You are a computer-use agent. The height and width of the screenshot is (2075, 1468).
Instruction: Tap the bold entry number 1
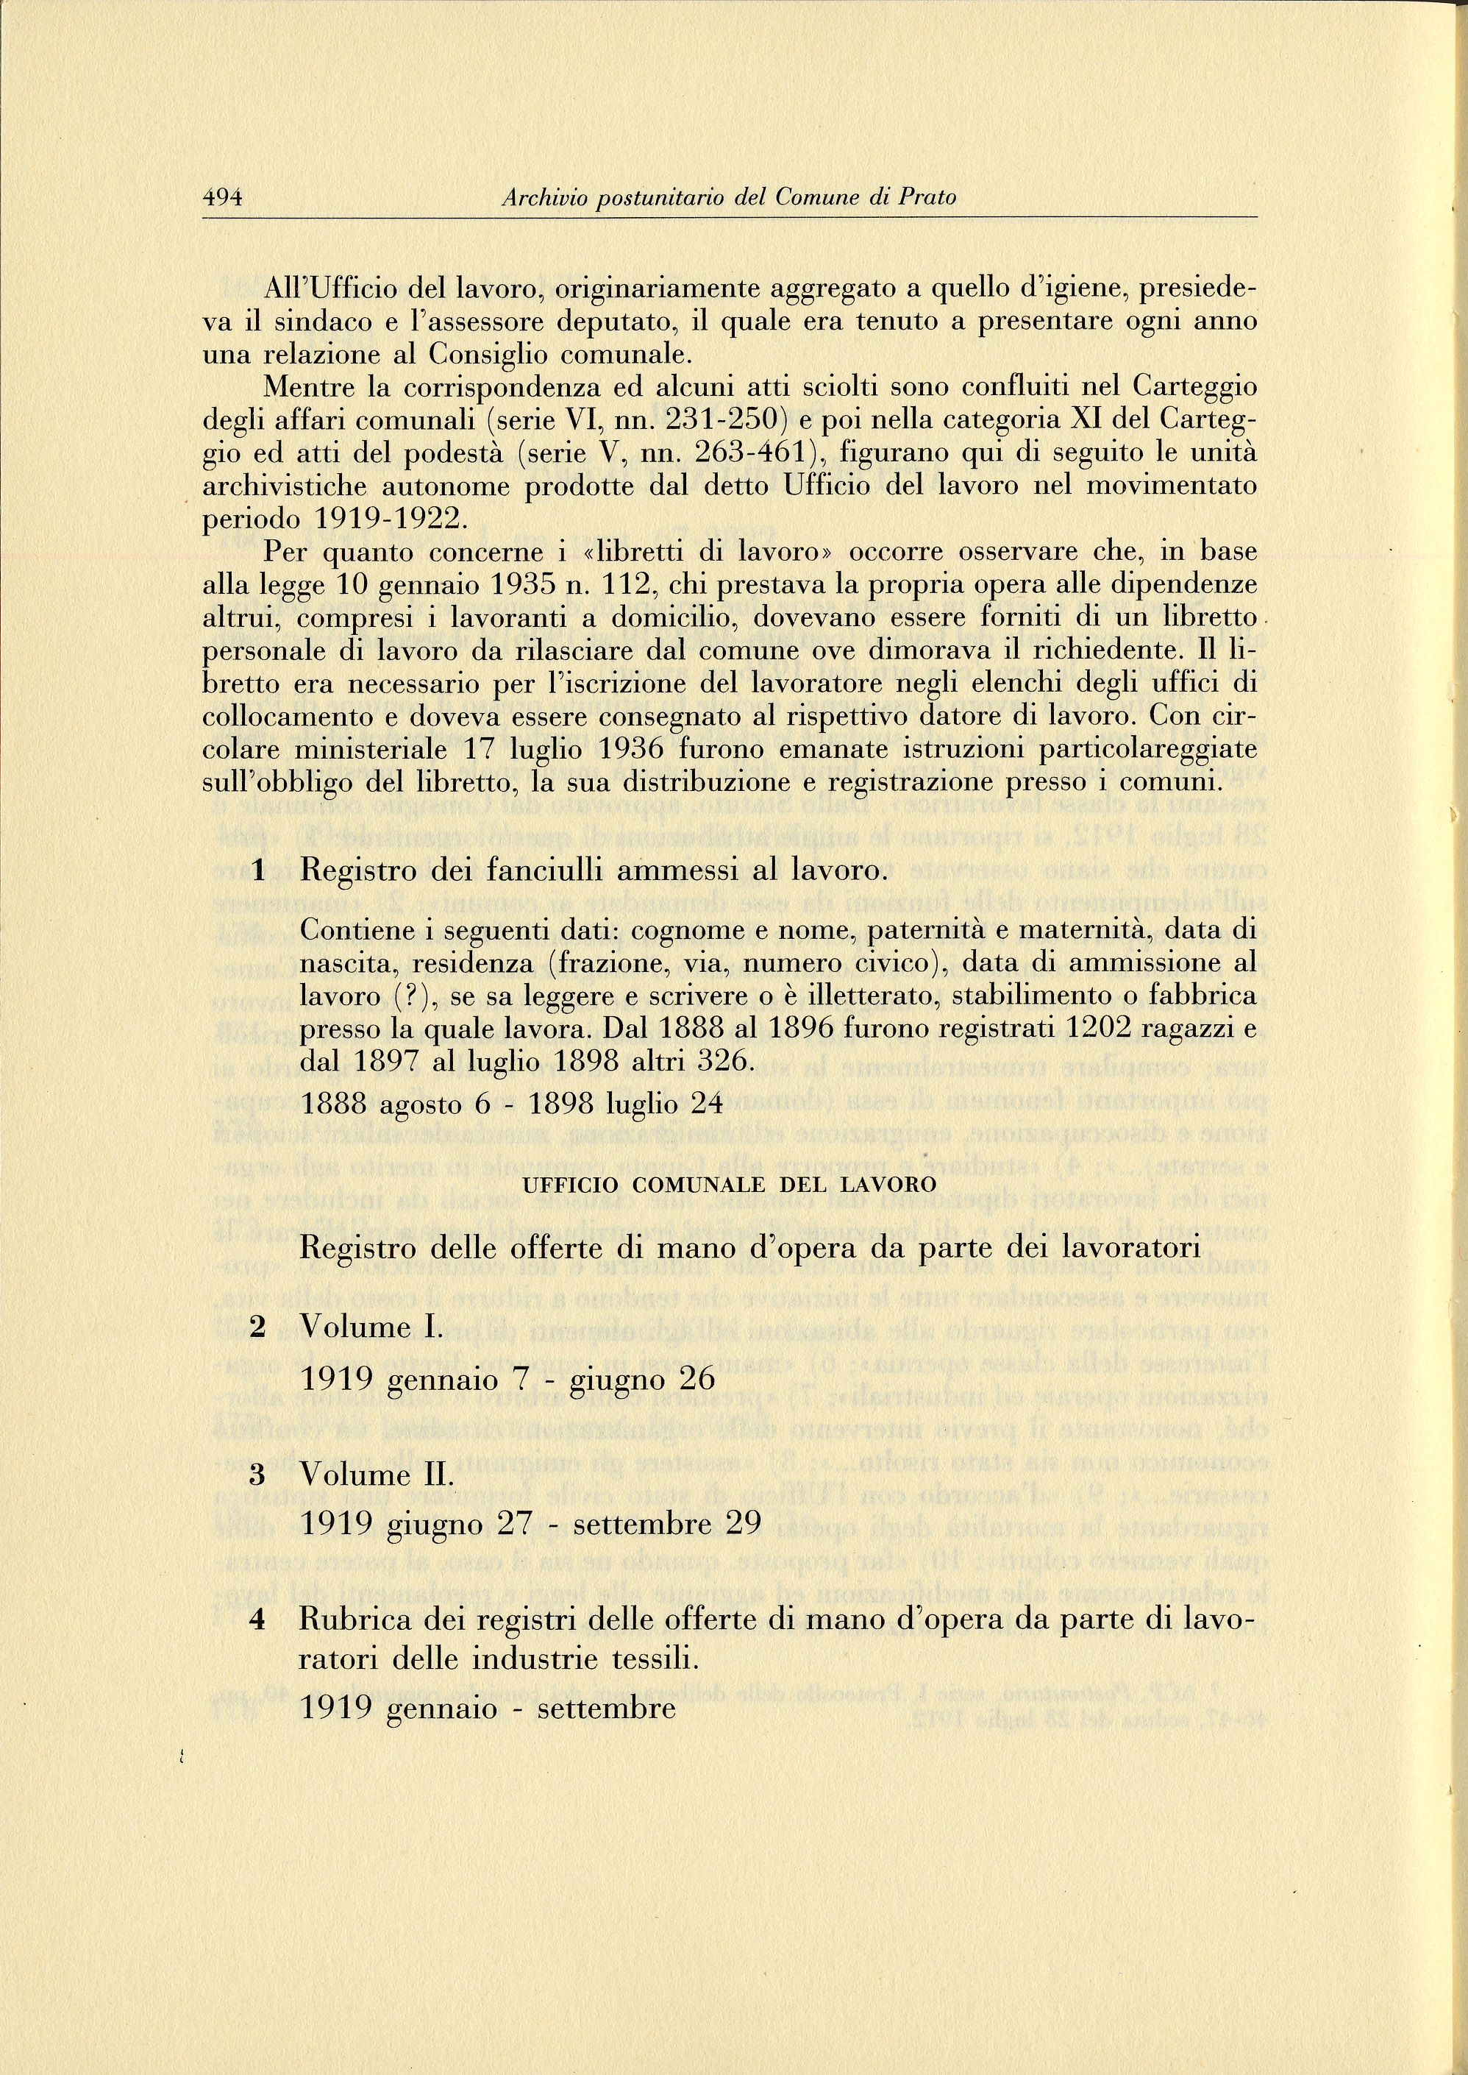pos(259,870)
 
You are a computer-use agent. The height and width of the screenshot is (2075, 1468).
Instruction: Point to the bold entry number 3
pos(257,1475)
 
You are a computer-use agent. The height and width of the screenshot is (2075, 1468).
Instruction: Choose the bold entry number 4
pos(257,1620)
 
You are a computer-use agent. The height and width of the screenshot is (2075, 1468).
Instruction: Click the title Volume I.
pos(371,1327)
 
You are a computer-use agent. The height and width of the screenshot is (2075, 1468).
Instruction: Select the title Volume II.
pos(376,1475)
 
